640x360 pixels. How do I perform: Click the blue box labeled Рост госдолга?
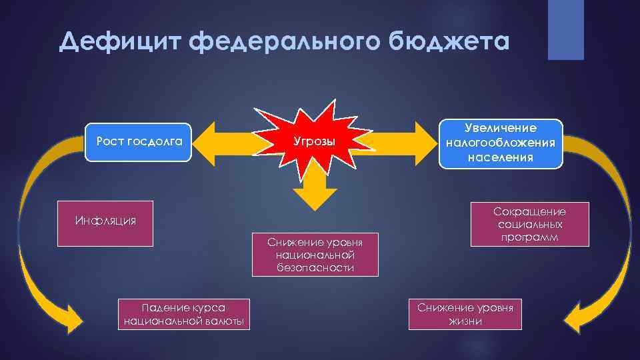139,141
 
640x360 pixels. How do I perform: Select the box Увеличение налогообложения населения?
500,143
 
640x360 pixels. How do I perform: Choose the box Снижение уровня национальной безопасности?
315,254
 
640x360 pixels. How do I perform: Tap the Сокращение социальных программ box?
529,224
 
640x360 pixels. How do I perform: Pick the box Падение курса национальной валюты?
184,314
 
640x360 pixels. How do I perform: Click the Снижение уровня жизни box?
465,314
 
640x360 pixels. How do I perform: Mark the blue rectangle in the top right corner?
565,30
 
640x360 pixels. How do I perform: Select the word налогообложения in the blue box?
500,143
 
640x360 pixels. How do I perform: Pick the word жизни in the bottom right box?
465,321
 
